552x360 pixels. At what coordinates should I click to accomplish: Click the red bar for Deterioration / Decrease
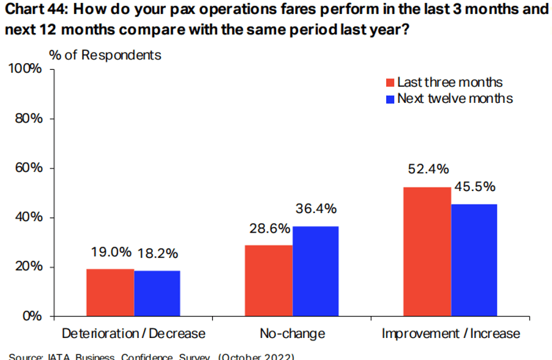pyautogui.click(x=110, y=293)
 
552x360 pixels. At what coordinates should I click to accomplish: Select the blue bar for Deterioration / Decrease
pyautogui.click(x=157, y=293)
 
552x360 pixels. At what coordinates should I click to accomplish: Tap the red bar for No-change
pyautogui.click(x=269, y=280)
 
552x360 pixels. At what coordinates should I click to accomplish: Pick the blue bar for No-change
pyautogui.click(x=315, y=271)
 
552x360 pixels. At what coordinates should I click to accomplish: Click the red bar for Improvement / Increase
pyautogui.click(x=427, y=251)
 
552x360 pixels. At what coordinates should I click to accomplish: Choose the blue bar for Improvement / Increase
pyautogui.click(x=474, y=260)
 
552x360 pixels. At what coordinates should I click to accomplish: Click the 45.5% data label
pyautogui.click(x=474, y=186)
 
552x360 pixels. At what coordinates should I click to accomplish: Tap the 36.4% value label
pyautogui.click(x=316, y=209)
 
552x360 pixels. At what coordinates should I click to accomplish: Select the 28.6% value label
pyautogui.click(x=270, y=228)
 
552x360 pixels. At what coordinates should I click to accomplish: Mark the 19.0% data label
pyautogui.click(x=111, y=252)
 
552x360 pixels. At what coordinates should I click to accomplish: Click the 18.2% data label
pyautogui.click(x=158, y=252)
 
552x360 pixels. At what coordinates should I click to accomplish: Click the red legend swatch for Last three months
pyautogui.click(x=390, y=83)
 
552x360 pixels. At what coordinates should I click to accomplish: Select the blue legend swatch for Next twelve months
pyautogui.click(x=390, y=98)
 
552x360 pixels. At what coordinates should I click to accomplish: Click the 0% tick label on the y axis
pyautogui.click(x=32, y=317)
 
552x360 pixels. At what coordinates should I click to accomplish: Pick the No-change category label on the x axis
pyautogui.click(x=292, y=334)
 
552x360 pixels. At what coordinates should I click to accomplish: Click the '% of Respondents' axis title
pyautogui.click(x=105, y=55)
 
